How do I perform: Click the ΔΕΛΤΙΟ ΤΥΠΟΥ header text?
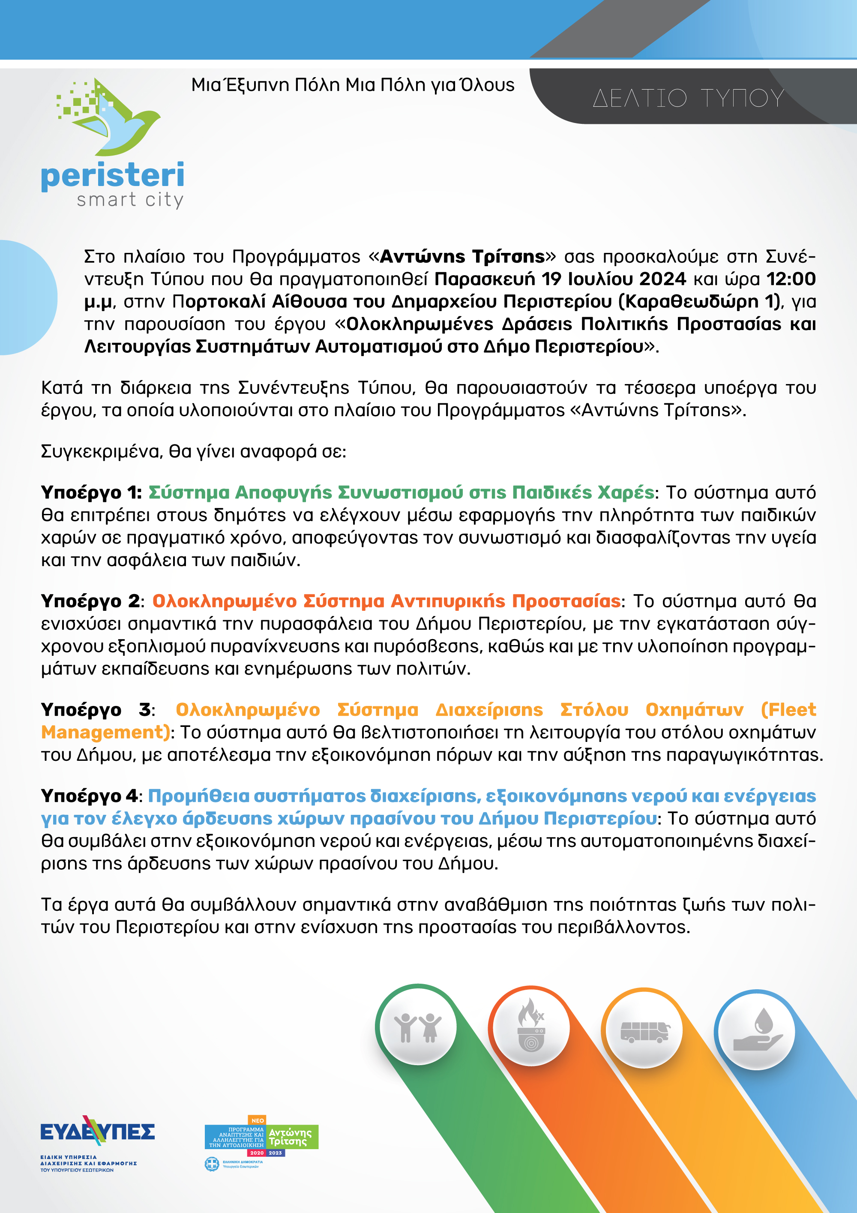coord(688,98)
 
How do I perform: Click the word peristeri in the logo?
coord(112,176)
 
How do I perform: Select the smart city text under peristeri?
coord(130,200)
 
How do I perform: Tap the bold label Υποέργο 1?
coord(91,492)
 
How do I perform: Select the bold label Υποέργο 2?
coord(90,601)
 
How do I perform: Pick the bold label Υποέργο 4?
coord(89,796)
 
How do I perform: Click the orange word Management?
coord(105,732)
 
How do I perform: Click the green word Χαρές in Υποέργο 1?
coord(625,492)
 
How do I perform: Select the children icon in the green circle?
coord(418,1027)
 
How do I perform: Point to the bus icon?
coord(644,1031)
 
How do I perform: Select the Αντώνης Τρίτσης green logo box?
coord(290,1137)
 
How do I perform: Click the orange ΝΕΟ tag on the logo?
coord(257,1120)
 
